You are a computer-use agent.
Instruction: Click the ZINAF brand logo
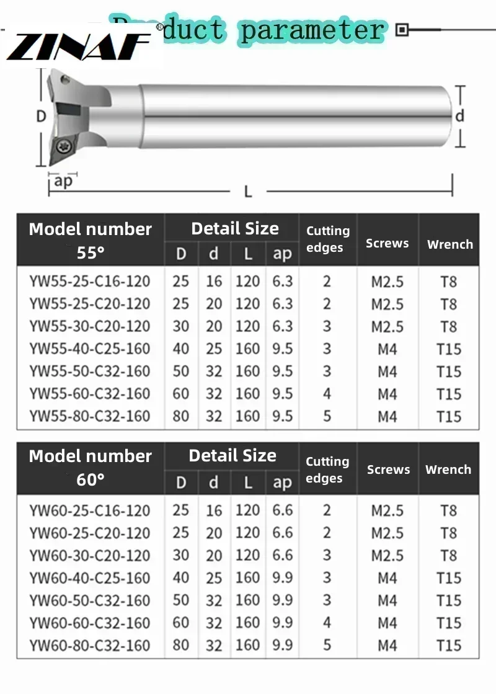[x=79, y=47]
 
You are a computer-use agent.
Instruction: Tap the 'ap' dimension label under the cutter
[x=63, y=180]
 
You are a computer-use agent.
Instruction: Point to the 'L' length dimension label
[x=248, y=192]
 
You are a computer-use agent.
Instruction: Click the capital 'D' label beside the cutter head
[x=41, y=117]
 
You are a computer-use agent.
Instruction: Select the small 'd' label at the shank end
[x=459, y=116]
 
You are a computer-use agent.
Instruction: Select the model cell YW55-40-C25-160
[x=90, y=349]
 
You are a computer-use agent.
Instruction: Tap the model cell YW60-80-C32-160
[x=90, y=645]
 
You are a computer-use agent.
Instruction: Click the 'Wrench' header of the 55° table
[x=450, y=244]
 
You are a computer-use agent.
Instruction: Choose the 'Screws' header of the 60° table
[x=389, y=469]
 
